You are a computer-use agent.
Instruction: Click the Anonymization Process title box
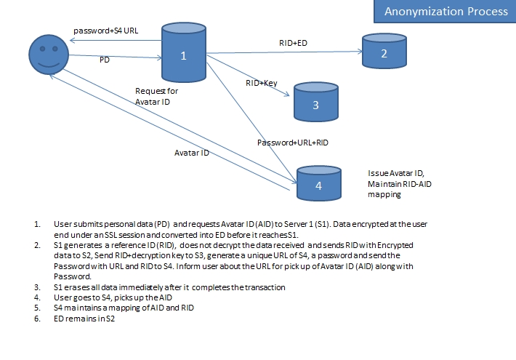pos(445,11)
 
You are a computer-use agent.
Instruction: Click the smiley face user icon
pos(48,55)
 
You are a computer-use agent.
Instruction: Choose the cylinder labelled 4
pos(318,183)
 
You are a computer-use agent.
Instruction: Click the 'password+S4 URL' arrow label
pos(105,31)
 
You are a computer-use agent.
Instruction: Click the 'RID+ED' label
pos(294,43)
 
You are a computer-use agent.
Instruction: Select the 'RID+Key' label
pos(262,84)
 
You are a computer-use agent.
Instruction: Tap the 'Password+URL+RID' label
pos(293,143)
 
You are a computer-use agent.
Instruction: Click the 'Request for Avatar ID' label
pos(156,96)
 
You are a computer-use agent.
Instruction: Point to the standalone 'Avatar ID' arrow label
pos(192,153)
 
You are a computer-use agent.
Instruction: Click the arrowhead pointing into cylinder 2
pos(359,51)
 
